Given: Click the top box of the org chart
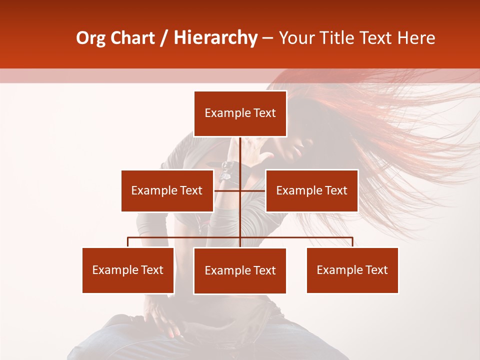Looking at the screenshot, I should coord(240,113).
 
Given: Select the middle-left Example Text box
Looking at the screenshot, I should coord(167,190).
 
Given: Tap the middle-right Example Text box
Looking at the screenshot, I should coord(311,190).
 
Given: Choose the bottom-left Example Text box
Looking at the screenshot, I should coord(128,270).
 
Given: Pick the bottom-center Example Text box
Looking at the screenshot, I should coord(240,270).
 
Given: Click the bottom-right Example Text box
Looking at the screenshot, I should coord(352,270).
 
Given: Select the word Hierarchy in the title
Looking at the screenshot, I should coord(215,38).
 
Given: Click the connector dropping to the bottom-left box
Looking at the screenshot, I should coord(128,242).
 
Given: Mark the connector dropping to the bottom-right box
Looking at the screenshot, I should coord(352,242).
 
